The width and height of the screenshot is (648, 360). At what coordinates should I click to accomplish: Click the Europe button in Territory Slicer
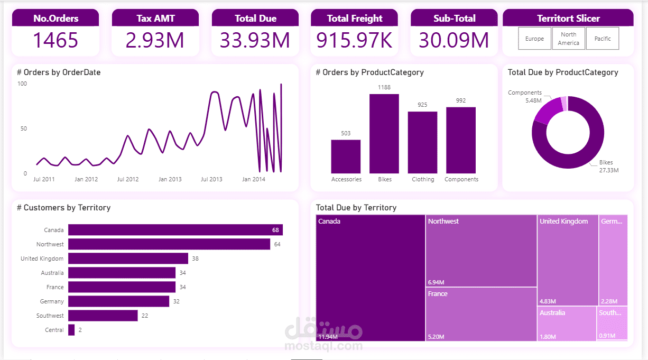click(534, 39)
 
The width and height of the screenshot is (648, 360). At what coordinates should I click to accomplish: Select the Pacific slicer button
click(603, 39)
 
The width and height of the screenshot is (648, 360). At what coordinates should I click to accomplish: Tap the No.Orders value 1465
click(55, 41)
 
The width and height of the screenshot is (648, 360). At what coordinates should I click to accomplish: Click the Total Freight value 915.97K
click(354, 41)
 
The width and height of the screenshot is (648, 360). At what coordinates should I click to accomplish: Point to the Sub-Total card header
click(454, 19)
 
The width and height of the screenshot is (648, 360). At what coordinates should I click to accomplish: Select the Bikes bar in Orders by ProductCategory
click(384, 134)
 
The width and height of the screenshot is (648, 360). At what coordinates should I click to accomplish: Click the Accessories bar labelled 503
click(346, 156)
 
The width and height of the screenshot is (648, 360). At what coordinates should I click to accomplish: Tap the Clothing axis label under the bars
click(423, 180)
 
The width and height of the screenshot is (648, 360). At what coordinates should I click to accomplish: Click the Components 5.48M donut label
click(525, 96)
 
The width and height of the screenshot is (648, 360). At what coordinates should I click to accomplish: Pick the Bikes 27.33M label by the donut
click(608, 167)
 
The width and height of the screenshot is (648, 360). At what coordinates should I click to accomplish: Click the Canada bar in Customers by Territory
click(175, 230)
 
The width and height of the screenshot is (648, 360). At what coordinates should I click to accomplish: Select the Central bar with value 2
click(71, 330)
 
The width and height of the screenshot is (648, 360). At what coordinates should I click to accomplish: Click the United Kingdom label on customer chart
click(42, 259)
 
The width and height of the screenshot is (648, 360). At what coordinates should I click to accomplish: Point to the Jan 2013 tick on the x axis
click(170, 180)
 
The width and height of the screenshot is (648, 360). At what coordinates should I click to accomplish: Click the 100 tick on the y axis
click(22, 84)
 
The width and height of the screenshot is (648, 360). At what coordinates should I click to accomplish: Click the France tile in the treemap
click(481, 314)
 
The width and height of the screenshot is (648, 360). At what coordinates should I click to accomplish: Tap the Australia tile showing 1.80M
click(567, 324)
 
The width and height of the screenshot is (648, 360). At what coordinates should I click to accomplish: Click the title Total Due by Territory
click(356, 208)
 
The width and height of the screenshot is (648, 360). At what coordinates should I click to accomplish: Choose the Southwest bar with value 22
click(103, 316)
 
